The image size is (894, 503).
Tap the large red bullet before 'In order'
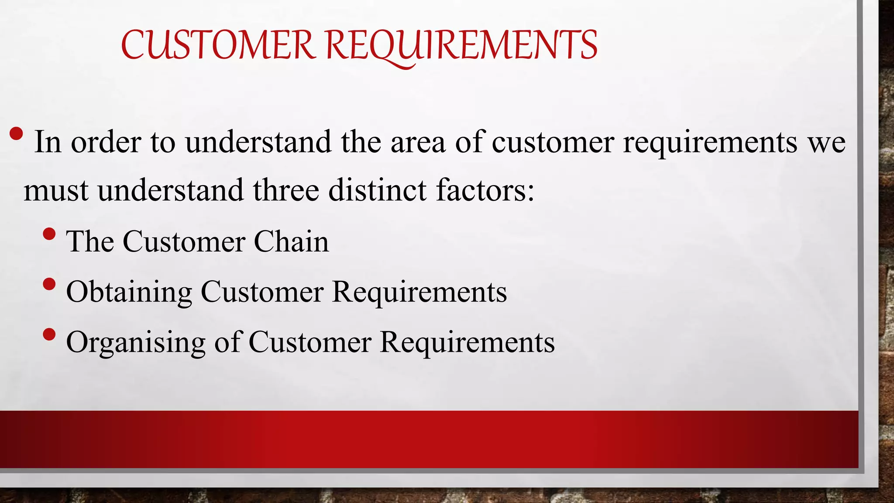[x=16, y=134]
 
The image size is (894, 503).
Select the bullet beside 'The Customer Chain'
[x=50, y=234]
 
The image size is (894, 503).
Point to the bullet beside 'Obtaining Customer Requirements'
[x=50, y=285]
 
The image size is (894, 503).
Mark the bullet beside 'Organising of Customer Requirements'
[x=50, y=335]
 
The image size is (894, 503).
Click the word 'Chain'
[x=291, y=241]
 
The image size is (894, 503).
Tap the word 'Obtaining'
[x=129, y=292]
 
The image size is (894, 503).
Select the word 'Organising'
[x=135, y=342]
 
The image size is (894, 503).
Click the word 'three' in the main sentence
[x=285, y=190]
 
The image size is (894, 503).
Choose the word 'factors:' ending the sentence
[x=485, y=190]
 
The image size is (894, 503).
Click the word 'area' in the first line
[x=418, y=142]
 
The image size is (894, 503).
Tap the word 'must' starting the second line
[x=56, y=191]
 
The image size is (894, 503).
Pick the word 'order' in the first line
[x=106, y=142]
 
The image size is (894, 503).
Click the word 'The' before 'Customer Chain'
[x=89, y=241]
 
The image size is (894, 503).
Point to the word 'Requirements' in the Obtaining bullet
[x=419, y=292]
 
